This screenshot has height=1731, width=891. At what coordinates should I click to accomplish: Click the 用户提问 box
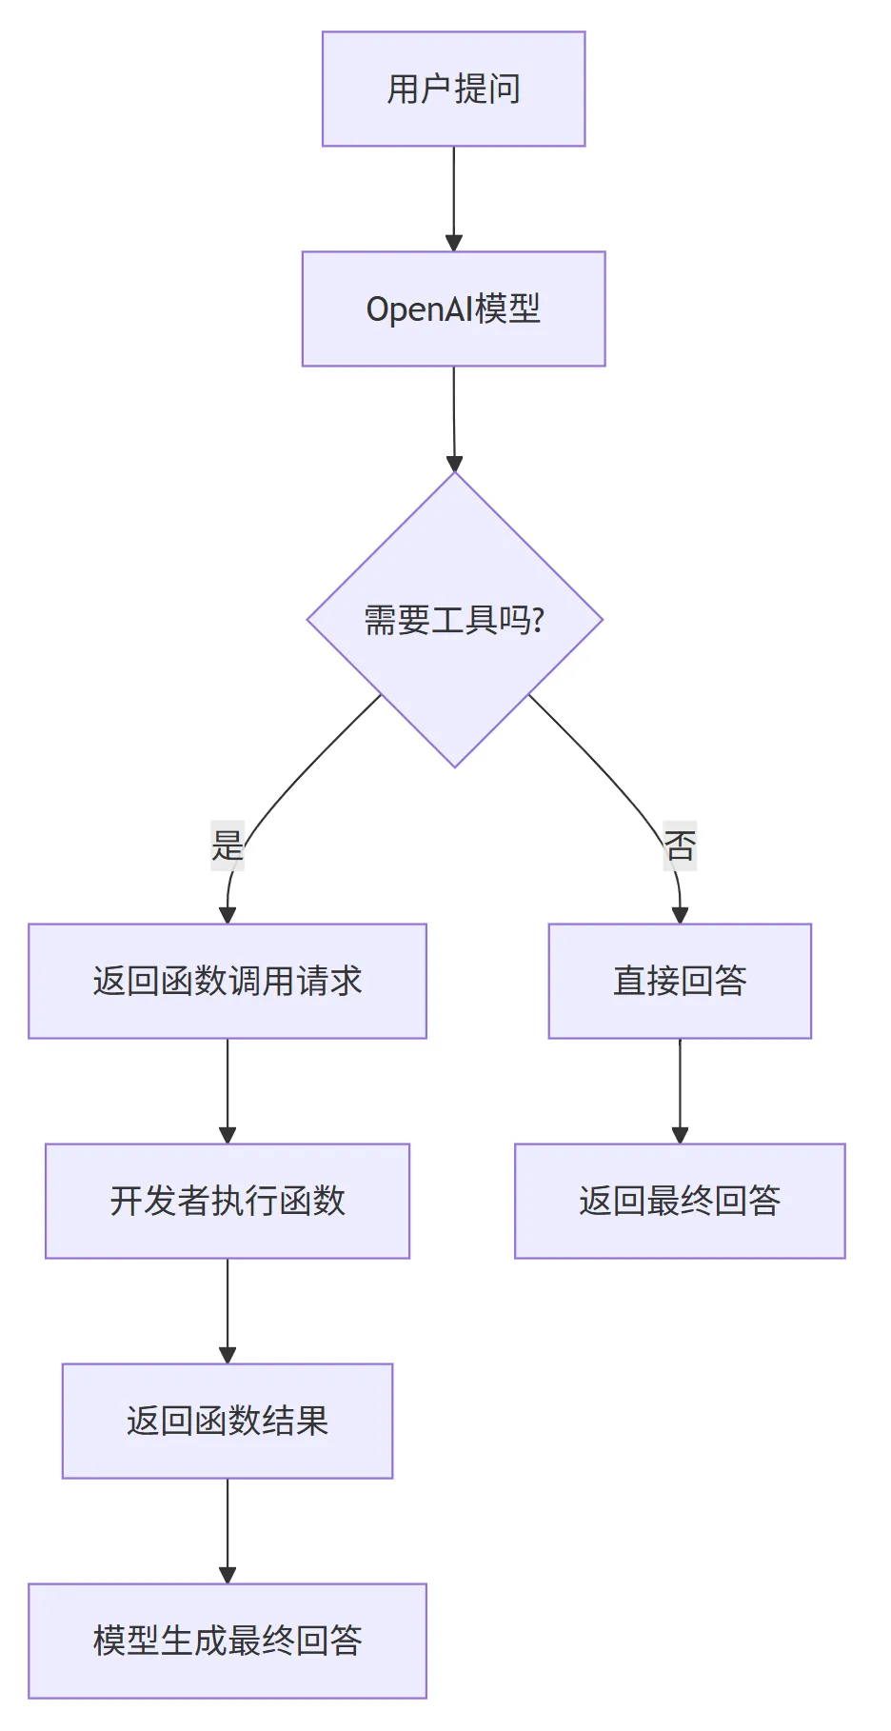tap(453, 89)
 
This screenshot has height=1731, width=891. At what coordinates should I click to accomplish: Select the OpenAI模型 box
tap(453, 308)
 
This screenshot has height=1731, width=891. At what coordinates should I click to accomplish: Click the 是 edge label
tap(228, 846)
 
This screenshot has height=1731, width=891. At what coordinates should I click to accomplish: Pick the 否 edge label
tap(680, 846)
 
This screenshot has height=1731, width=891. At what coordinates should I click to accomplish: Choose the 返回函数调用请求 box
tap(228, 981)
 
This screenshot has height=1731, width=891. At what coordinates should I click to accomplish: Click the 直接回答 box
tap(680, 981)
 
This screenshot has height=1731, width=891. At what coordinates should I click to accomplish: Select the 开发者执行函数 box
tap(228, 1201)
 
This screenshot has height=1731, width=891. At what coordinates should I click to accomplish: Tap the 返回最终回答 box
tap(680, 1201)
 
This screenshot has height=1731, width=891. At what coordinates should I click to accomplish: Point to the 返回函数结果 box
tap(228, 1421)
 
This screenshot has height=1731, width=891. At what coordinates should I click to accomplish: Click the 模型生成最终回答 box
tap(228, 1641)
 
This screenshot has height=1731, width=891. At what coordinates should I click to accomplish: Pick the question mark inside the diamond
tap(539, 621)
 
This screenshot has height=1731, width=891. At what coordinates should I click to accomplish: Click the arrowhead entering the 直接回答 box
tap(680, 915)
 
